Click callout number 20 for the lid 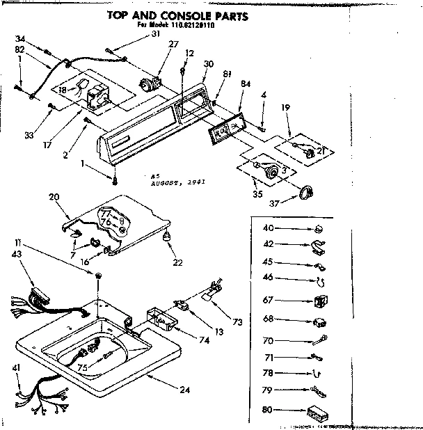55,198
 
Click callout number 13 220,333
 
